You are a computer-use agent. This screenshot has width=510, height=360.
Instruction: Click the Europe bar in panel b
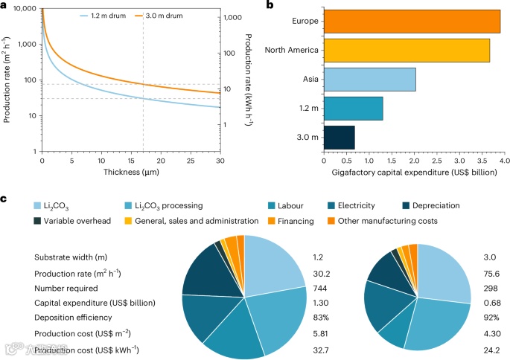click(412, 21)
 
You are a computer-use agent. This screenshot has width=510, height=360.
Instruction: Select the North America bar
click(407, 50)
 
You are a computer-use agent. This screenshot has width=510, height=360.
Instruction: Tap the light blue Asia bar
click(369, 79)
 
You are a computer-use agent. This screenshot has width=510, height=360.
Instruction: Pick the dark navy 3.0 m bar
click(339, 138)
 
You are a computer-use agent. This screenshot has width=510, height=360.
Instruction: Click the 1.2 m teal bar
click(353, 109)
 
